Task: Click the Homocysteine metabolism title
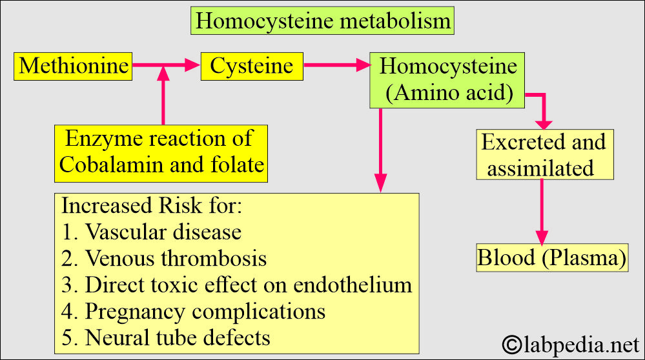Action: coord(323,21)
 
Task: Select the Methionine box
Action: coord(73,66)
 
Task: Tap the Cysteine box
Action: coord(251,66)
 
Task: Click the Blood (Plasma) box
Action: coord(552,258)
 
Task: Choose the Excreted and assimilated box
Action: coord(544,155)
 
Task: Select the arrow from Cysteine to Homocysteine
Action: coord(336,65)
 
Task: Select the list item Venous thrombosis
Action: coord(164,258)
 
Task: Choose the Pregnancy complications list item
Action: coord(193,311)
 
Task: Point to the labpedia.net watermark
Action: coord(568,341)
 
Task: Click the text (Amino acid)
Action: coord(449,94)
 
